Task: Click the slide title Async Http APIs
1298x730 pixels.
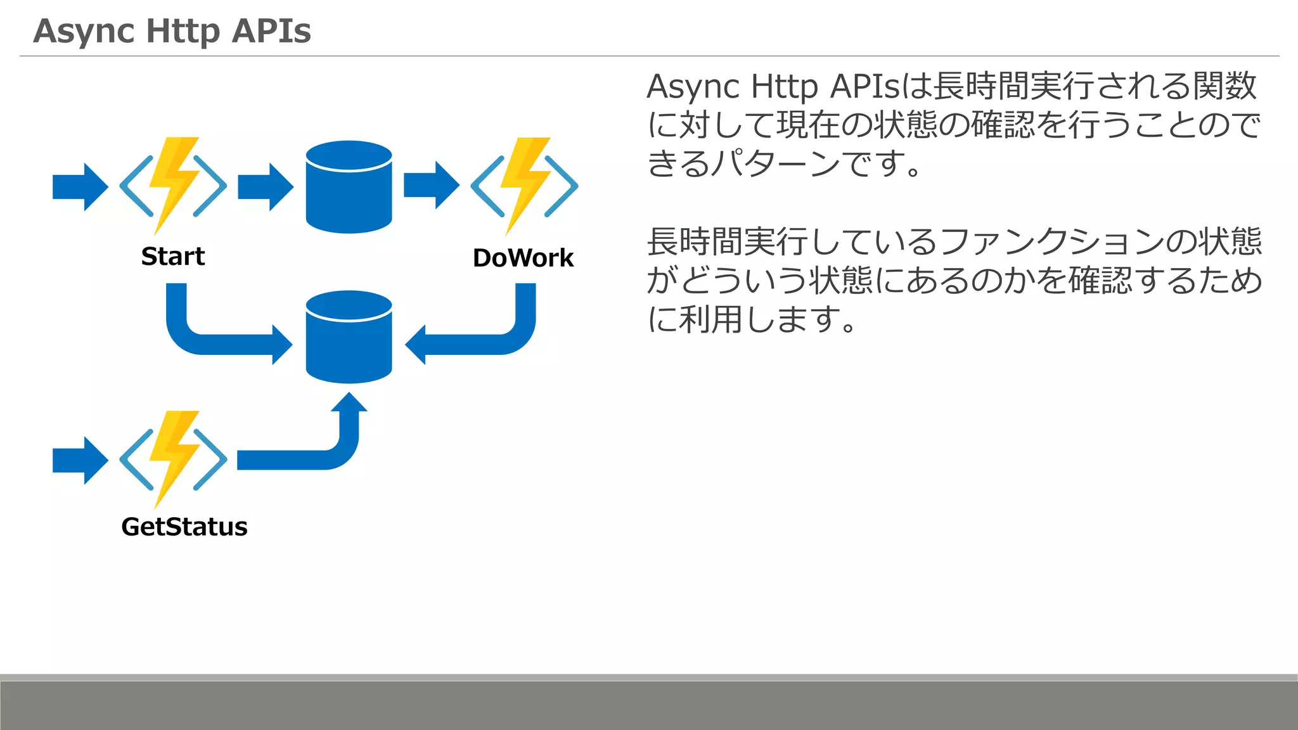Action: (x=172, y=30)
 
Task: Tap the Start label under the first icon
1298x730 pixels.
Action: (x=172, y=257)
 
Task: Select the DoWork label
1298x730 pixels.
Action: (x=523, y=258)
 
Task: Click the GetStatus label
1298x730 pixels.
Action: (x=184, y=527)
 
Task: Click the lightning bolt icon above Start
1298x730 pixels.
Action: (x=172, y=184)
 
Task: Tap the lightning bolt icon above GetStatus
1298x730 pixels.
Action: (x=172, y=458)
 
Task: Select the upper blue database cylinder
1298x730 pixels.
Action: (x=349, y=187)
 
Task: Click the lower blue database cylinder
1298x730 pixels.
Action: (x=349, y=337)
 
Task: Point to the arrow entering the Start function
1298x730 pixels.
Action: (x=80, y=187)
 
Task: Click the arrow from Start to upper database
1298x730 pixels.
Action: (x=266, y=187)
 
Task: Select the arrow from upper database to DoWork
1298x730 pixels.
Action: (x=431, y=185)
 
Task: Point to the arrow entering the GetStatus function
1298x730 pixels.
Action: (x=80, y=461)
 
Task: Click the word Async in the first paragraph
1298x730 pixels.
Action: (x=693, y=87)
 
